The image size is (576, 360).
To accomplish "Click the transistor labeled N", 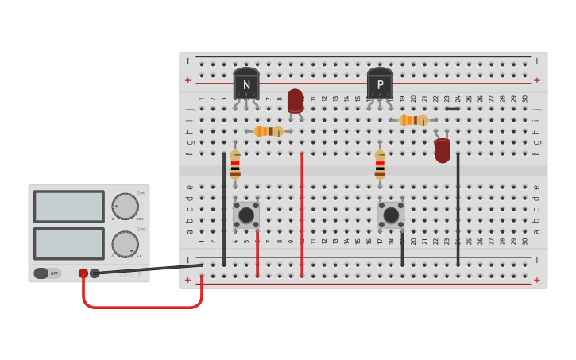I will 246,84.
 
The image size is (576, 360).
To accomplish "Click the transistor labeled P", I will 380,84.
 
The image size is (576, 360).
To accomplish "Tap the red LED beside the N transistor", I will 296,101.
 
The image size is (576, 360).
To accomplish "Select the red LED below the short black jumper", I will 443,150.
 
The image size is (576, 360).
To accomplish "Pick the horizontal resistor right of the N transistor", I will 269,131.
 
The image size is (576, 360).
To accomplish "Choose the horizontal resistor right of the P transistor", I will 413,120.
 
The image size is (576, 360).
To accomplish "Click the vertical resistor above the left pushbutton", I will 235,165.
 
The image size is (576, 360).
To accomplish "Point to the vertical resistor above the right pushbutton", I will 380,165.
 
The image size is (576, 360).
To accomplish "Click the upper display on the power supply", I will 69,207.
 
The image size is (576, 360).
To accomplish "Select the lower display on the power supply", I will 69,244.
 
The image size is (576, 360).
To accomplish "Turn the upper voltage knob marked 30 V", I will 125,207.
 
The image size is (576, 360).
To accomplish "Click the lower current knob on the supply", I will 125,244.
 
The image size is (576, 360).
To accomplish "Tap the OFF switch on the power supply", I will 46,273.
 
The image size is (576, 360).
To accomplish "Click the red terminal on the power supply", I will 83,273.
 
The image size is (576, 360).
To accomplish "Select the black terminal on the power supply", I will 95,273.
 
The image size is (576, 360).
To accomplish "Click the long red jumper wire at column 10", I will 302,215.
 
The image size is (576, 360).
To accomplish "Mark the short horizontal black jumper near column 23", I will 452,109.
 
